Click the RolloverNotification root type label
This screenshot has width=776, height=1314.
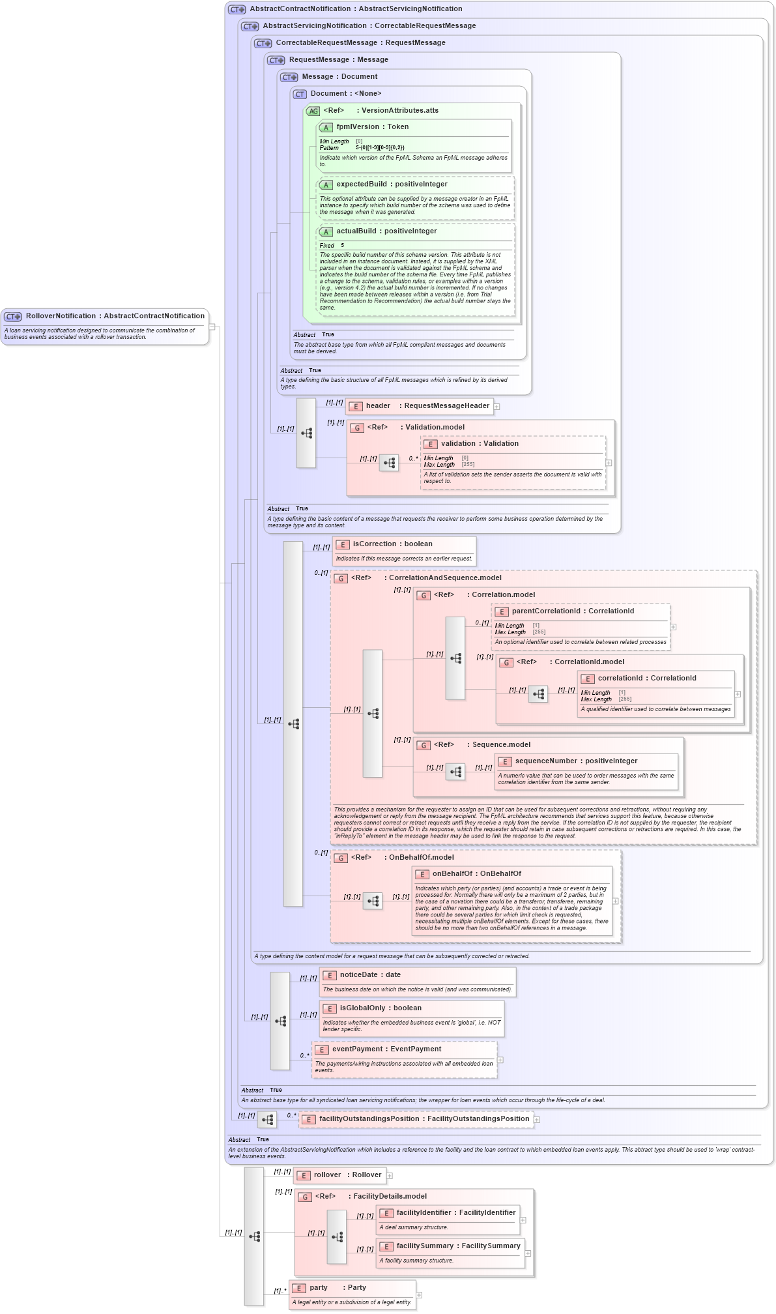(x=115, y=316)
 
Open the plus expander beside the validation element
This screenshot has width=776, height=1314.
(x=609, y=463)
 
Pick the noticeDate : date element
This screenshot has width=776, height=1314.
(x=370, y=975)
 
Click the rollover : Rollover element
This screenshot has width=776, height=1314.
(x=347, y=1175)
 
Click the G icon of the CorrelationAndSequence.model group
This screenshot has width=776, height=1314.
(x=340, y=579)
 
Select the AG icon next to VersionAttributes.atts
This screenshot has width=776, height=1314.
(x=313, y=111)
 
